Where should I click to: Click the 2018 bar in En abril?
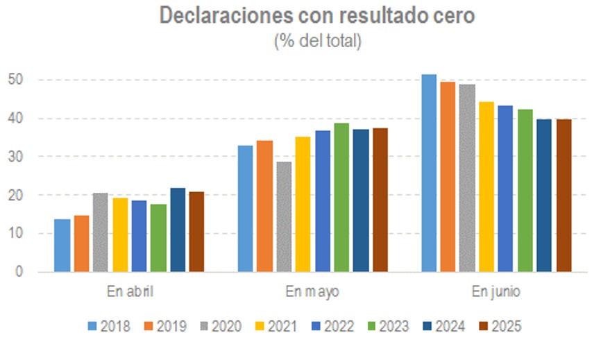(x=62, y=246)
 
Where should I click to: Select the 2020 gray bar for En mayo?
(x=284, y=216)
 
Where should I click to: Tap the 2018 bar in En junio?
(x=430, y=173)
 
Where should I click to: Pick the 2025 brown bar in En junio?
(x=564, y=196)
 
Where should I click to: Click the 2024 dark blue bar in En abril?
(x=178, y=230)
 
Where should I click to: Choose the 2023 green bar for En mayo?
(x=341, y=198)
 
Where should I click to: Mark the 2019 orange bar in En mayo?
(x=264, y=206)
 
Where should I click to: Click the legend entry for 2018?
(x=110, y=326)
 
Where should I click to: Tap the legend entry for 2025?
(x=498, y=326)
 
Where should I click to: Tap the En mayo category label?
(x=312, y=291)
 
